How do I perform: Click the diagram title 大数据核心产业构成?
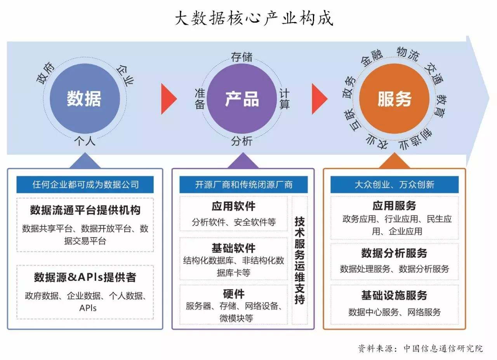tap(254, 18)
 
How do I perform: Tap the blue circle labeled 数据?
tap(85, 99)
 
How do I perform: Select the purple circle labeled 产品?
tap(242, 99)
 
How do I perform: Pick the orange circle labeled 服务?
tap(394, 99)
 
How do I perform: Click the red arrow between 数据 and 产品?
tap(168, 99)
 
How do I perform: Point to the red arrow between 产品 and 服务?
tap(319, 99)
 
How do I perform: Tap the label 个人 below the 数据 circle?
tap(85, 141)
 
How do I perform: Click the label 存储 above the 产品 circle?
tap(242, 57)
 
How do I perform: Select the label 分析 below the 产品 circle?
tap(242, 141)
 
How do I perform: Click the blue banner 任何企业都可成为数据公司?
tap(85, 184)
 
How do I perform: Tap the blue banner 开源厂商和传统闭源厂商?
tap(243, 184)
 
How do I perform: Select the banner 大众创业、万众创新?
tap(394, 184)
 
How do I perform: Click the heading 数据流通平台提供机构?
tap(85, 210)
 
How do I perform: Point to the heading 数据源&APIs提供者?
tap(85, 277)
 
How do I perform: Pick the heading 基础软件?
tap(234, 248)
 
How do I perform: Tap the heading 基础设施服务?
tap(394, 296)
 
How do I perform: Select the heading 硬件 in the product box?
tap(234, 294)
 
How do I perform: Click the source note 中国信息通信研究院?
tap(443, 348)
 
